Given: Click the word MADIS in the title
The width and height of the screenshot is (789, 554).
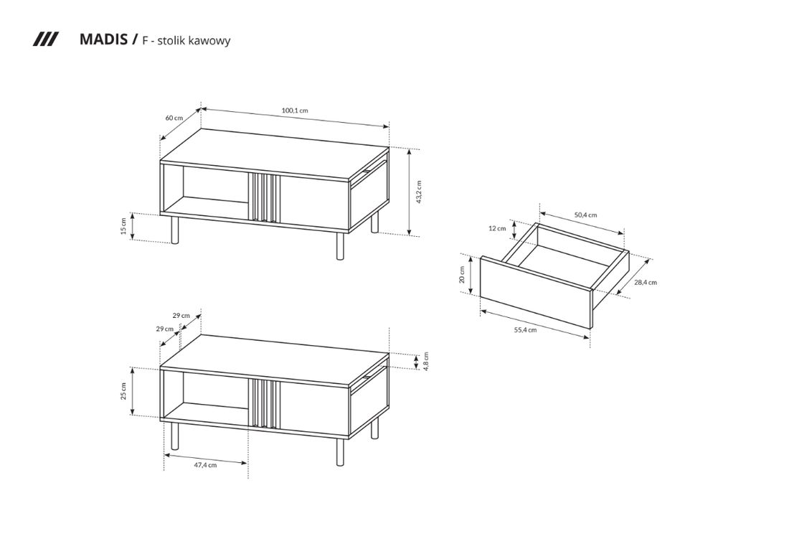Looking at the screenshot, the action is [x=104, y=39].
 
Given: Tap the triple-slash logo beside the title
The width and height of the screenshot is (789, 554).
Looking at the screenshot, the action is [x=45, y=39].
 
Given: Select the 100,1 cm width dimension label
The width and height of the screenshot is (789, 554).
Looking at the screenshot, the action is [x=294, y=111].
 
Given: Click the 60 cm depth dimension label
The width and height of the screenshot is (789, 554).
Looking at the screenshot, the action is [x=174, y=118].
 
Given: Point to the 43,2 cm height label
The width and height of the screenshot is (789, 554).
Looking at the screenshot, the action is [x=419, y=192].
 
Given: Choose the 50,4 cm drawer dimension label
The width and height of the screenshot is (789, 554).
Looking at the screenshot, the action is [x=585, y=215].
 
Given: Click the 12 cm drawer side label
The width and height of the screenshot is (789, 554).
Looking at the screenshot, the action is [x=497, y=228].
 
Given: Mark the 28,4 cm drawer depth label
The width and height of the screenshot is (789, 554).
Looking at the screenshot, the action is [x=645, y=283].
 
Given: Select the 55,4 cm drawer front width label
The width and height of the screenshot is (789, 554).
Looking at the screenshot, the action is [x=525, y=330].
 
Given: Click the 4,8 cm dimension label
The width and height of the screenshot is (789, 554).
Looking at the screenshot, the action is [x=425, y=362].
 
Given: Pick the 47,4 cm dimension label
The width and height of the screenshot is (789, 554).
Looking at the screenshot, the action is [x=205, y=465].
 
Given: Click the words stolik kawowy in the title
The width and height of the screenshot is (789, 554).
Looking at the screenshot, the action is [x=194, y=41].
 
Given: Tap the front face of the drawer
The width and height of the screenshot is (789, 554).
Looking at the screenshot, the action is [x=535, y=293].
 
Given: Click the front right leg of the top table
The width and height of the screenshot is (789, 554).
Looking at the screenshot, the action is [x=340, y=245].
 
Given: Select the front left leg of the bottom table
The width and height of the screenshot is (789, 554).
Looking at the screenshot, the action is [x=174, y=436].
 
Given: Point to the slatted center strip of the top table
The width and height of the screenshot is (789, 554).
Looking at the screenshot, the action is [x=263, y=197].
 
